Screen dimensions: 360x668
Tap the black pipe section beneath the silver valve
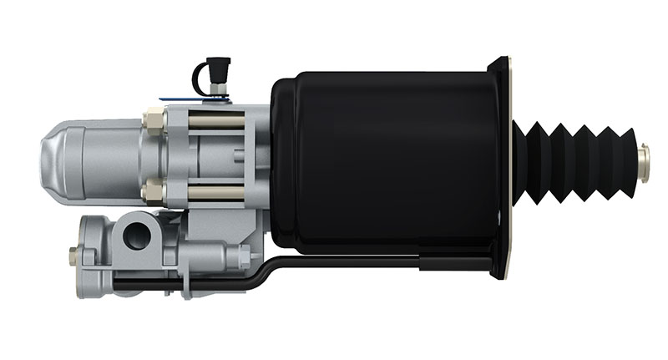click(x=167, y=286)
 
